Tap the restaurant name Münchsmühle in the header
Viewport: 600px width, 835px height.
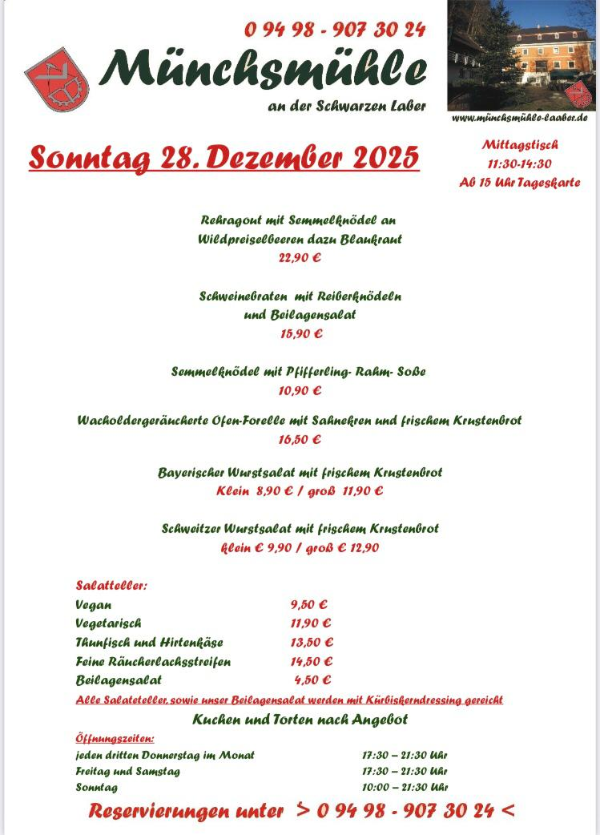click(264, 71)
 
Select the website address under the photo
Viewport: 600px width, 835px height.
click(520, 118)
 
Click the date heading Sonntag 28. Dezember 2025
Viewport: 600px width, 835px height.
click(224, 157)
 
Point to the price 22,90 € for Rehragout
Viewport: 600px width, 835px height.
click(300, 258)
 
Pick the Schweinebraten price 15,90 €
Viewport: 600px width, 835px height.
click(300, 333)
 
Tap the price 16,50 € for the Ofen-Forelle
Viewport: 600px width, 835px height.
click(300, 439)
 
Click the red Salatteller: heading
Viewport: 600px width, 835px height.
click(111, 586)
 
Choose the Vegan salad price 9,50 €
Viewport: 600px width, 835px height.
click(309, 605)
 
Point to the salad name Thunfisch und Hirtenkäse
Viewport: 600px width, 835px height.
click(149, 643)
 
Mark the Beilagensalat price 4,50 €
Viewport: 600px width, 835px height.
click(312, 680)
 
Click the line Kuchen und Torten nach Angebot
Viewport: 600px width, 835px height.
click(300, 719)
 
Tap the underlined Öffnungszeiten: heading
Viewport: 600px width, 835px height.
click(115, 738)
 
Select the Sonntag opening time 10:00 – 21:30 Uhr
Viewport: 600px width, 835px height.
click(405, 787)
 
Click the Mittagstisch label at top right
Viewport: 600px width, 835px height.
click(520, 145)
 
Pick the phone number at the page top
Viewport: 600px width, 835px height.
click(335, 30)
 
